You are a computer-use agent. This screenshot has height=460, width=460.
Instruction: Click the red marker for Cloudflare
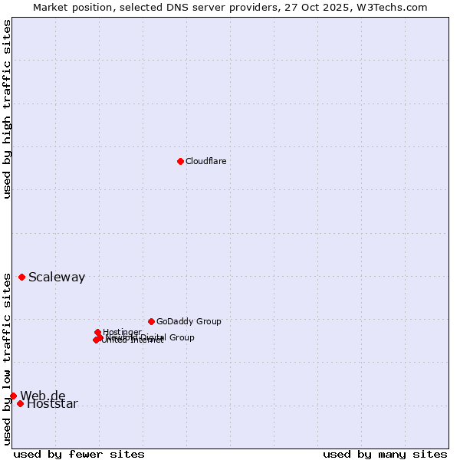click(180, 161)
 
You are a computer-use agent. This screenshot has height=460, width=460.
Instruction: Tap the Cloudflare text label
click(205, 161)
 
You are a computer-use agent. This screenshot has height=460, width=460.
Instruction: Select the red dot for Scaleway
click(21, 277)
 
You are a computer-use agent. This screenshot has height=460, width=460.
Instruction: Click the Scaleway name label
click(57, 278)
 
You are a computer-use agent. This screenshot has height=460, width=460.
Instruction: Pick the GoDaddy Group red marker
click(151, 321)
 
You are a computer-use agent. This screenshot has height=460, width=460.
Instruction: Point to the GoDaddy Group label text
click(189, 322)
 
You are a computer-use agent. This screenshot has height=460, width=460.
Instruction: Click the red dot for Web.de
click(13, 396)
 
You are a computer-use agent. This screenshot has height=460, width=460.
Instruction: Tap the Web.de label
click(43, 396)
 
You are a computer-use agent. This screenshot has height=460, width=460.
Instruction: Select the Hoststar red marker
click(20, 403)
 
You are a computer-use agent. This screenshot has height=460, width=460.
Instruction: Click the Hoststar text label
click(52, 404)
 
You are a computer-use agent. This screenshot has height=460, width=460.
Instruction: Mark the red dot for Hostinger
click(97, 332)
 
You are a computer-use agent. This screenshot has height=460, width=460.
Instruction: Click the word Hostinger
click(122, 332)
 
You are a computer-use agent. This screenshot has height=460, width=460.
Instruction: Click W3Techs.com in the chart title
click(390, 7)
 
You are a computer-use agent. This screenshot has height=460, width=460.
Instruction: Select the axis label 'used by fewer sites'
click(79, 454)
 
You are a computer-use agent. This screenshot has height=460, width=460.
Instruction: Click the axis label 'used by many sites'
click(385, 454)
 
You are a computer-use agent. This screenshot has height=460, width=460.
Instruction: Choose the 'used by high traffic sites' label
click(7, 109)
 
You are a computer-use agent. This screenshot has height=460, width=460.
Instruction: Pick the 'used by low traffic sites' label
click(7, 359)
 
